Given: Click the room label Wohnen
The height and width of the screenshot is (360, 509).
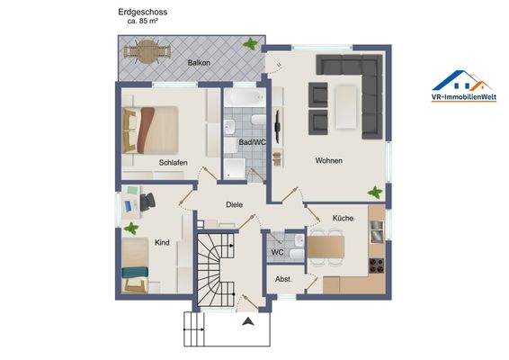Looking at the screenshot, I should [328, 160].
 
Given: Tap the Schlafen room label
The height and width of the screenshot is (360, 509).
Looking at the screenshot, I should [172, 163].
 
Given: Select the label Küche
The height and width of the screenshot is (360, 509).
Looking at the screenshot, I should [343, 218].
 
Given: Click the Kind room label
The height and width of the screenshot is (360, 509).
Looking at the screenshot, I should [162, 242].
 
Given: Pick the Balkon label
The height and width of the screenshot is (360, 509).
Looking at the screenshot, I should [199, 63].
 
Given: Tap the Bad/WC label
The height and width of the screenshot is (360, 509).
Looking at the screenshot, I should [252, 142].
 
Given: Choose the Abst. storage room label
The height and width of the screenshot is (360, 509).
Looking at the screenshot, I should [283, 278].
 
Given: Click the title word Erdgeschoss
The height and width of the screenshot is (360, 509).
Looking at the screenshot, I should [142, 13].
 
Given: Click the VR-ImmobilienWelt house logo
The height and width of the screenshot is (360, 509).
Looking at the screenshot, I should [464, 81].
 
